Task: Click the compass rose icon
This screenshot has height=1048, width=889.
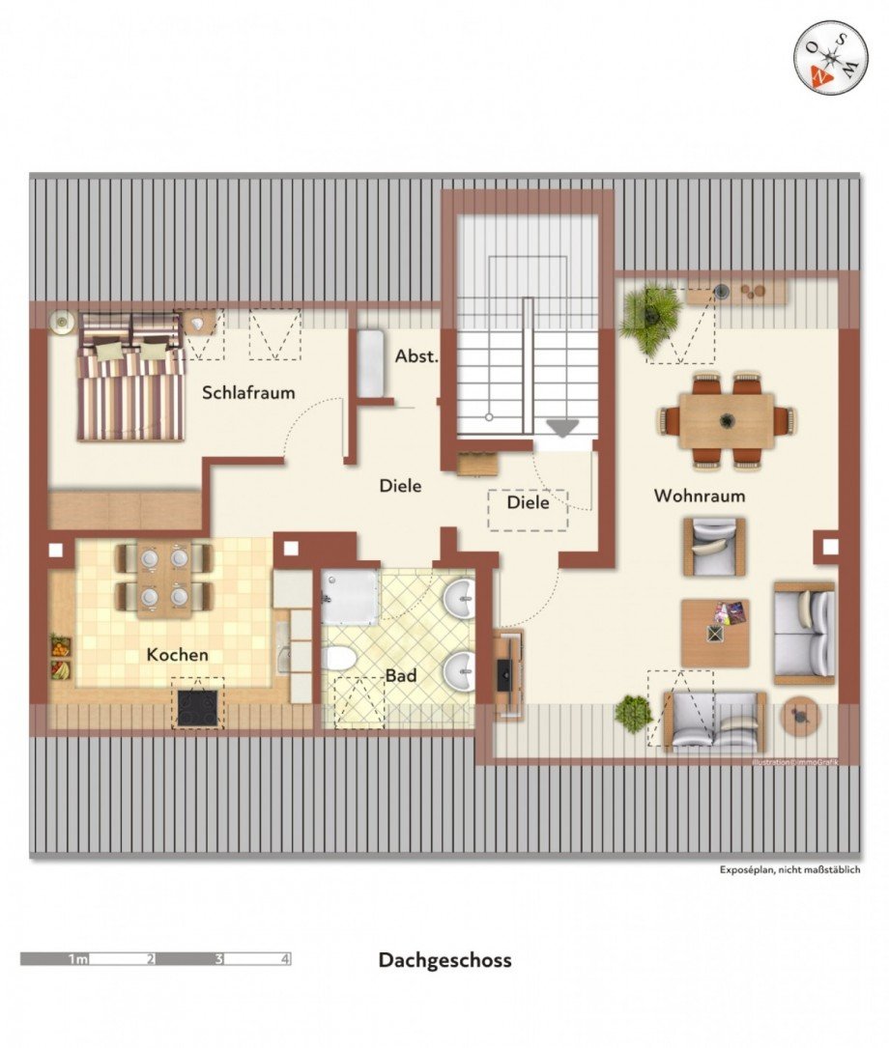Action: (824, 57)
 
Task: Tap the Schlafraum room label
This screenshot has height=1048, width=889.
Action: (248, 393)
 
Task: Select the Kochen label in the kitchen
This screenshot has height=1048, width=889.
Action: (177, 655)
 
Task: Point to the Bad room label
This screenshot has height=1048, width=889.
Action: (401, 675)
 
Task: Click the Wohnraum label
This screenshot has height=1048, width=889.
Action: (700, 496)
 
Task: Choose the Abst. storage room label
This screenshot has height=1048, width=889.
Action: (416, 356)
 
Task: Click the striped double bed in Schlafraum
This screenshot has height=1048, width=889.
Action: (130, 377)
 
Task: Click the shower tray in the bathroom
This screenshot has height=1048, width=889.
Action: (349, 595)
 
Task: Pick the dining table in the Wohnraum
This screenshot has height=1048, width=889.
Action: (727, 420)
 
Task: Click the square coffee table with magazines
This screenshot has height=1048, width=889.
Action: (715, 633)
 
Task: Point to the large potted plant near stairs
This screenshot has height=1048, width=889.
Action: (650, 314)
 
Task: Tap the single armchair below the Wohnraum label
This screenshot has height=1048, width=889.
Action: (714, 547)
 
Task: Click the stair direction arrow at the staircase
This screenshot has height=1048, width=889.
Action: (561, 428)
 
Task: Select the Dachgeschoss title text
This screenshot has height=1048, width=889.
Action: (444, 960)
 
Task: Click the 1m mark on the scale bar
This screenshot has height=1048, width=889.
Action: (78, 959)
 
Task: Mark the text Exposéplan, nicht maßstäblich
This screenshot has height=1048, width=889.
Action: (789, 869)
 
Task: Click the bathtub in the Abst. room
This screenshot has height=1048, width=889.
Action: (371, 364)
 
